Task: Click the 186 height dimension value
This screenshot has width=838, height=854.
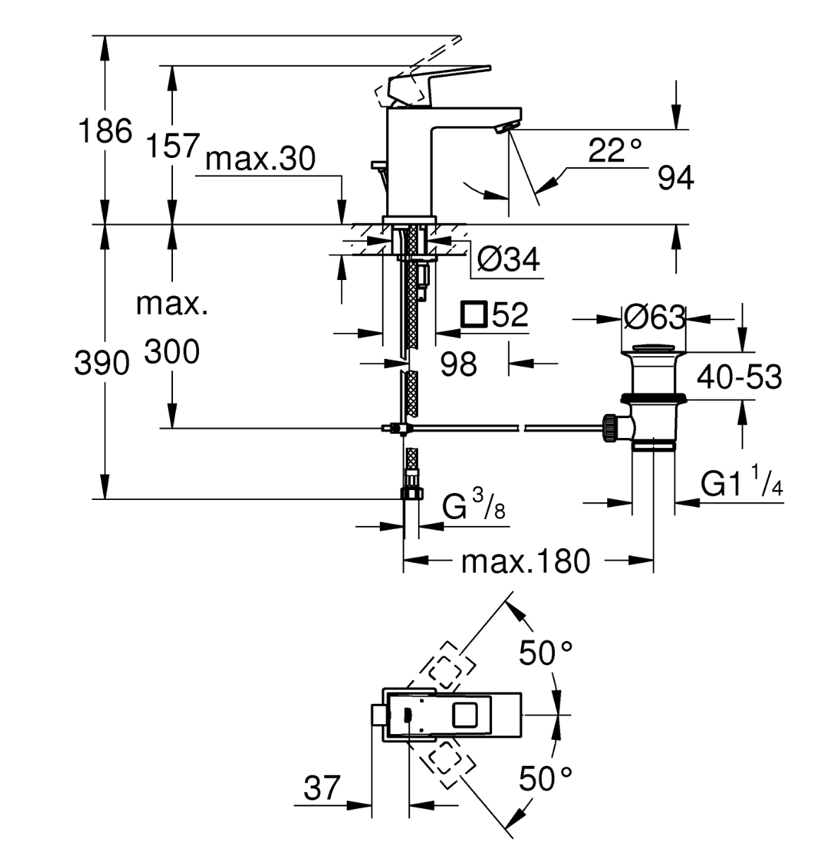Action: [x=105, y=131]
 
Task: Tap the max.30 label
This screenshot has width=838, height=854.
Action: [x=261, y=159]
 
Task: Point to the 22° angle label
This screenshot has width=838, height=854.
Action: [x=615, y=151]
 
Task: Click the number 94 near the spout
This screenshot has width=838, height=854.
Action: [x=676, y=178]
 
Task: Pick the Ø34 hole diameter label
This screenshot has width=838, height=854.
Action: [x=508, y=260]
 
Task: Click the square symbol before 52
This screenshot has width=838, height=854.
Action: [x=474, y=315]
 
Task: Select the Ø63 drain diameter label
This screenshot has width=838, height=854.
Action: [x=654, y=318]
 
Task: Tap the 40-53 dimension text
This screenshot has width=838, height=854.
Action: [x=739, y=377]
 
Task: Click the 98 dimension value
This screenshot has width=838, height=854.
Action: [x=458, y=364]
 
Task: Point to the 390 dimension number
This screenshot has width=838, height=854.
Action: [x=102, y=363]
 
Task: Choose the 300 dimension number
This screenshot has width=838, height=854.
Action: [x=172, y=351]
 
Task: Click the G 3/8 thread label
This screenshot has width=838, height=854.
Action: [x=474, y=506]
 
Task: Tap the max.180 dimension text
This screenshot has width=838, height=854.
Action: [x=526, y=561]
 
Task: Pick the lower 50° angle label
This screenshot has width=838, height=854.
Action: [x=546, y=779]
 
